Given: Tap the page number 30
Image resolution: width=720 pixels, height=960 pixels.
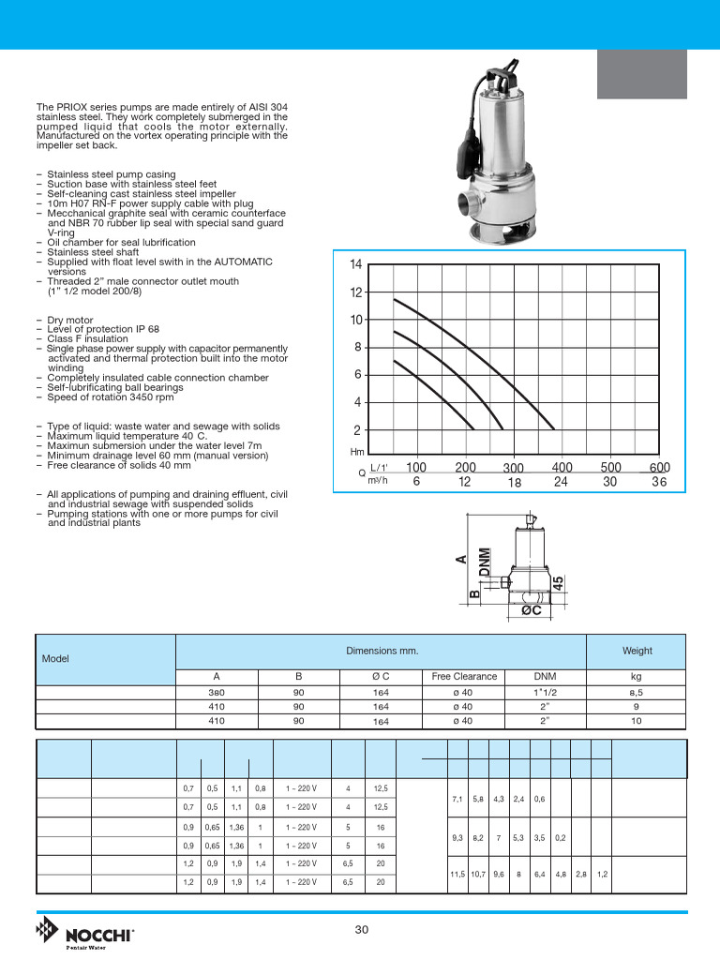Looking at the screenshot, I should coord(362,929).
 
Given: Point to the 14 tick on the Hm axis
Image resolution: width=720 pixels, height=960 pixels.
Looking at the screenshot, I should coord(355,264).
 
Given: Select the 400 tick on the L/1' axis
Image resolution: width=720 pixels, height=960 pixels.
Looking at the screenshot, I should coord(562,467).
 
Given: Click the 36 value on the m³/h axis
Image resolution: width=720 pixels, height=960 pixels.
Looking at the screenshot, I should coord(659,481).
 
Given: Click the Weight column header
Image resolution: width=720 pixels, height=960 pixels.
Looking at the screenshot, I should coord(637,651).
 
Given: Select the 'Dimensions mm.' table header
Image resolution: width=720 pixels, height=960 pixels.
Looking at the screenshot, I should coord(382,651).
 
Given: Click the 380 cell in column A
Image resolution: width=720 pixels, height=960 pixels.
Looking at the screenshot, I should coord(217,693).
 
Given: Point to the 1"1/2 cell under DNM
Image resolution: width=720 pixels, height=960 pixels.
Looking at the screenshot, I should coord(544,693).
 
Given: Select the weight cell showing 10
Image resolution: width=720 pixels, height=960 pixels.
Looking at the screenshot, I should coord(637,721).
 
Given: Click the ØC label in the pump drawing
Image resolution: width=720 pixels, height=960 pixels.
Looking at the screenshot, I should coord(532,610).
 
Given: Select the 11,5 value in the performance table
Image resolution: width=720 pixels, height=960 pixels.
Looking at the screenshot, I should coord(457,874).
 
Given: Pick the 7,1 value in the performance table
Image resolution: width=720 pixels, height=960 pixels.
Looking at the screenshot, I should coord(457,799).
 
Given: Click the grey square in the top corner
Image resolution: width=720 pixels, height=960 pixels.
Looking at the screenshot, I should coord(642,73).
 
